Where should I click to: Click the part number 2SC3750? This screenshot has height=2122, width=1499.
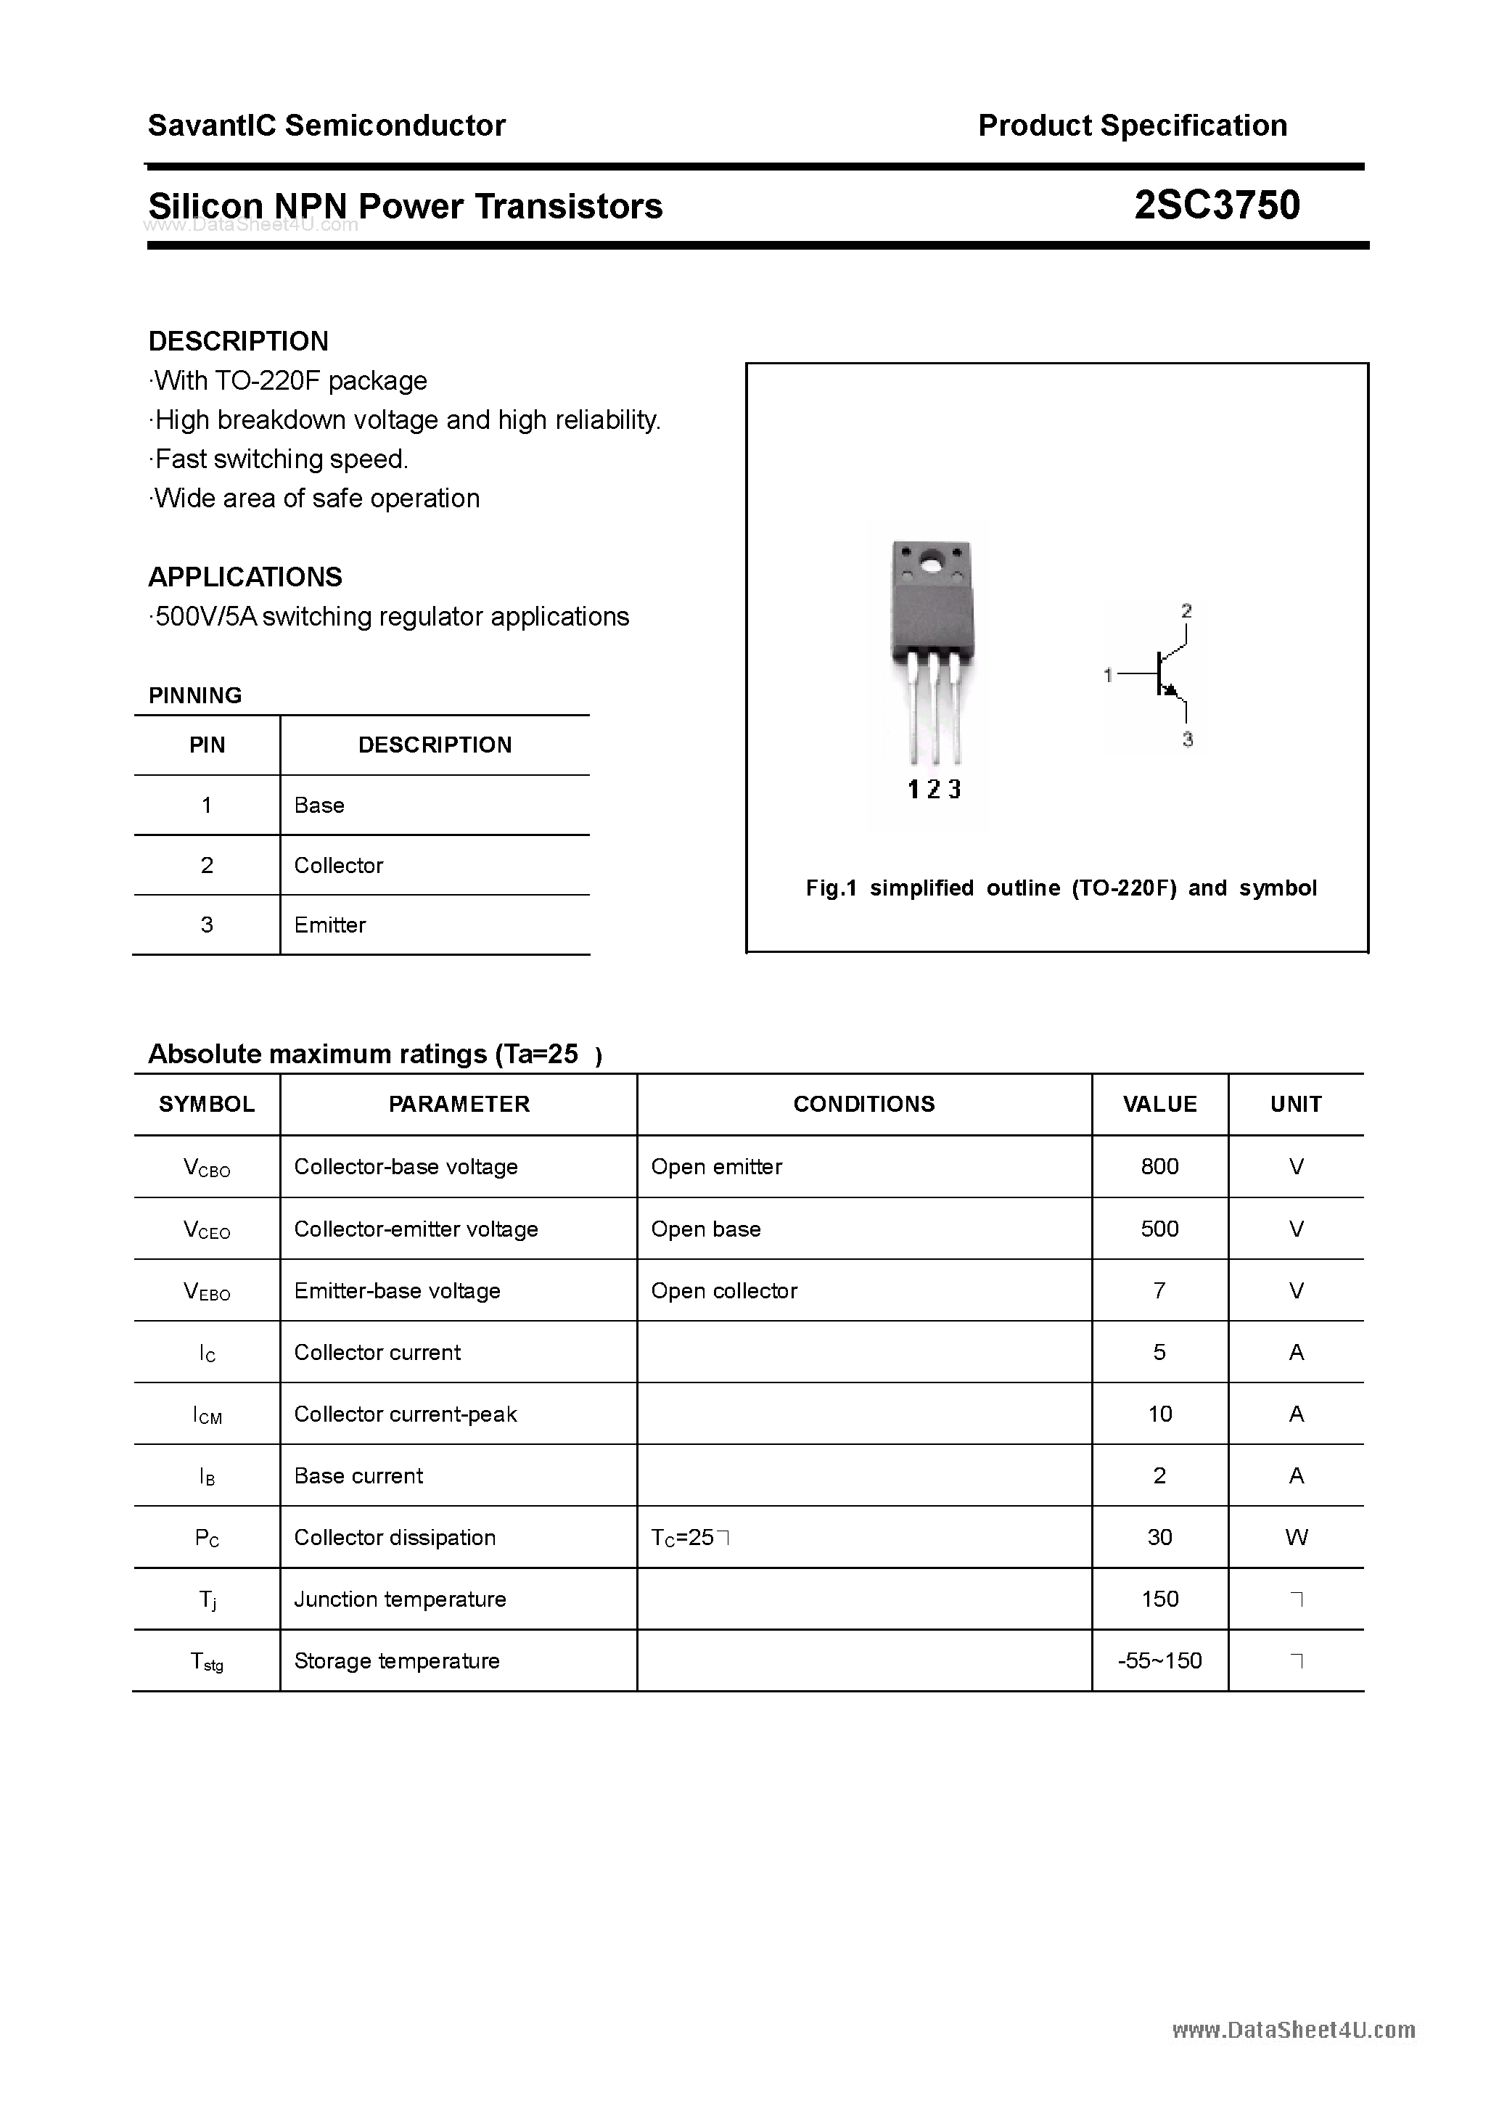click(x=1216, y=205)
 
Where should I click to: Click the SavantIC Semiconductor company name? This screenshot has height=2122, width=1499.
click(x=327, y=125)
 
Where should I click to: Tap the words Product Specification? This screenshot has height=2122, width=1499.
click(x=1132, y=125)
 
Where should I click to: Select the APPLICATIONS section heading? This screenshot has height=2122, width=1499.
click(x=245, y=577)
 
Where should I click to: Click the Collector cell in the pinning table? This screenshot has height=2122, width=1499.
click(x=338, y=865)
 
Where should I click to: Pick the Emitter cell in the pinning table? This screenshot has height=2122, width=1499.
click(x=330, y=925)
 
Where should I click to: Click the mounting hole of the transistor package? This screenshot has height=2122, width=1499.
click(x=932, y=560)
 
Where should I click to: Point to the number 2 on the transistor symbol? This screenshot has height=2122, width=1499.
click(x=1186, y=611)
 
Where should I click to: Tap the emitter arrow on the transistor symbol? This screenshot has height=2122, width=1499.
click(x=1172, y=689)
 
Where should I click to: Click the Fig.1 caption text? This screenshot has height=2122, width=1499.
click(x=1061, y=888)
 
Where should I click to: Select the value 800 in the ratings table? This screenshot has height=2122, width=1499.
click(x=1159, y=1166)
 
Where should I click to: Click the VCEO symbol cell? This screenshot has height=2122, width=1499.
click(x=207, y=1229)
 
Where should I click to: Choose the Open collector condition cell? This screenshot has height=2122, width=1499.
click(x=723, y=1291)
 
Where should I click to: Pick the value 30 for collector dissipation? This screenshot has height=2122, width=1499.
click(x=1159, y=1537)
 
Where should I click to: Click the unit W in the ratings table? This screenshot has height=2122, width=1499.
click(x=1296, y=1537)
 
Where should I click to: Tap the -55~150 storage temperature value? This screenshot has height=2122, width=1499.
click(x=1159, y=1661)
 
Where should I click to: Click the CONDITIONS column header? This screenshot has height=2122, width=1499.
click(x=863, y=1104)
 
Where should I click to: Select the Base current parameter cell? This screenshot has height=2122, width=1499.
click(x=358, y=1476)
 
